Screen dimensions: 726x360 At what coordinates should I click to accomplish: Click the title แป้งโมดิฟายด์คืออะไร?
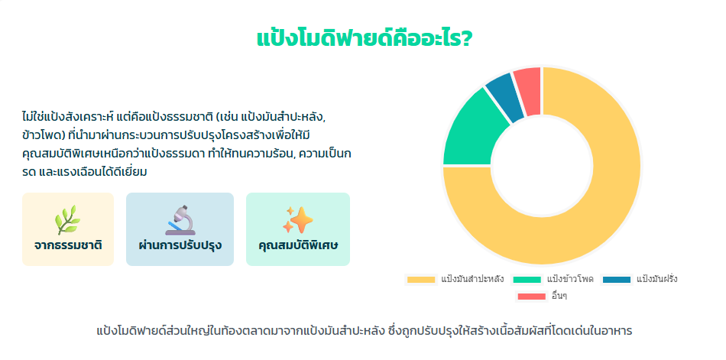click(x=364, y=39)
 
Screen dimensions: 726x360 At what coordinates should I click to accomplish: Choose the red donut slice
click(x=529, y=90)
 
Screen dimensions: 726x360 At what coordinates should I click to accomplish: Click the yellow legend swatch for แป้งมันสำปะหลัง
click(x=421, y=280)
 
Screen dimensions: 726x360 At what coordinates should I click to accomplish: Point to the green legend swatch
click(x=527, y=280)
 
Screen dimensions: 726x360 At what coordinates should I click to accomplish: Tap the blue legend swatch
click(x=616, y=280)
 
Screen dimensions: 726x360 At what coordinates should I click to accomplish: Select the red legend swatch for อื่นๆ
click(x=532, y=297)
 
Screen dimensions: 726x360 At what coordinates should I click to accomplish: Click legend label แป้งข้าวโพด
click(x=570, y=280)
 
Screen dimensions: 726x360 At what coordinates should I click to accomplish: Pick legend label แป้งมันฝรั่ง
click(x=657, y=280)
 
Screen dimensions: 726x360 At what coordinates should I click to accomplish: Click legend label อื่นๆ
click(x=559, y=297)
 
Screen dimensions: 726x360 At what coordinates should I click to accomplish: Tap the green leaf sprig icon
click(x=68, y=219)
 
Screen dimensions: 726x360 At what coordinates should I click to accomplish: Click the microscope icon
click(x=180, y=219)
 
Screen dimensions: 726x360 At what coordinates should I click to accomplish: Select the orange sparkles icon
click(x=298, y=219)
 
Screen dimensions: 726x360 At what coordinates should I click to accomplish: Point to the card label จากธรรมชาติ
click(x=68, y=245)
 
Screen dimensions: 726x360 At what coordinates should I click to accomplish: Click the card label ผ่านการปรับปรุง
click(x=180, y=245)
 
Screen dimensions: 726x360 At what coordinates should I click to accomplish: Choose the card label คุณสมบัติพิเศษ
click(x=298, y=245)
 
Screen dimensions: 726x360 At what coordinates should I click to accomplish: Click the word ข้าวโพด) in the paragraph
click(x=42, y=135)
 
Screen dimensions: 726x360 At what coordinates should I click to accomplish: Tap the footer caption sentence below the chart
click(x=365, y=331)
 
